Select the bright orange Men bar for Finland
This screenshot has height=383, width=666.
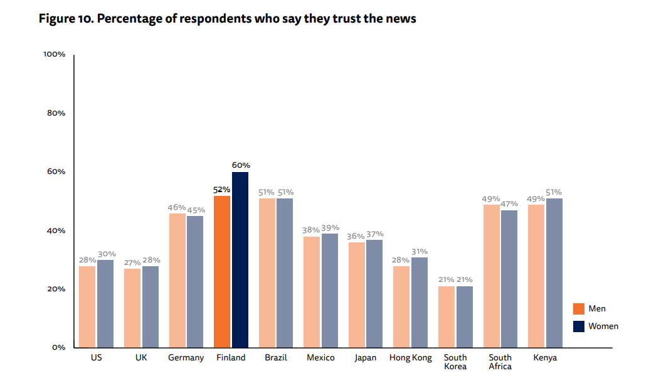click(x=222, y=271)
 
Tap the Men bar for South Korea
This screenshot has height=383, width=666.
click(x=447, y=316)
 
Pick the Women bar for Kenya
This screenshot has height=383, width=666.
click(x=554, y=272)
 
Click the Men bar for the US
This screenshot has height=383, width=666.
click(x=87, y=306)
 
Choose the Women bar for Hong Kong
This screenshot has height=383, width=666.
click(x=420, y=302)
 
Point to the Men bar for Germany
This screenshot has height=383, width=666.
click(x=177, y=280)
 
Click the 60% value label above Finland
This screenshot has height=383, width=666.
click(x=241, y=165)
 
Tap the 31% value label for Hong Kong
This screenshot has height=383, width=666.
click(x=420, y=251)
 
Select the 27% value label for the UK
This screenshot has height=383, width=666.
click(x=132, y=262)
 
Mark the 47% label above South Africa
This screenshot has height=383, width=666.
click(x=509, y=203)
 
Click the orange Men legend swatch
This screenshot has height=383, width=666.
click(x=578, y=309)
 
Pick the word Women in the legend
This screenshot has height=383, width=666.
click(x=603, y=326)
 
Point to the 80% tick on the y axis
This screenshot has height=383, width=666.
click(x=55, y=113)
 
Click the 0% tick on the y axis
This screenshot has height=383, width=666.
click(x=58, y=347)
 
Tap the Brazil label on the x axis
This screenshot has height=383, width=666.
click(x=276, y=358)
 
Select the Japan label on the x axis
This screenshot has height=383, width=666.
click(x=366, y=358)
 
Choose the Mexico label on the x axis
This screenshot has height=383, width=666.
click(x=320, y=358)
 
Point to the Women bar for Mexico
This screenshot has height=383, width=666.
click(x=330, y=290)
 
